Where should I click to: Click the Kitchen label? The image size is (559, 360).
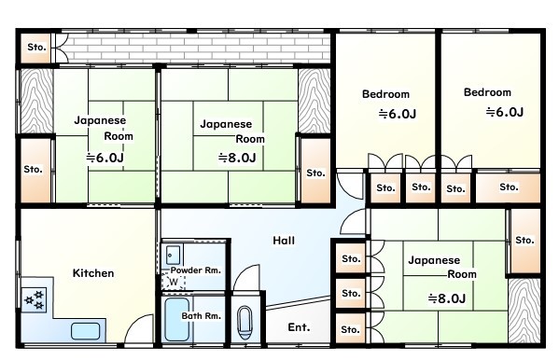tap(93, 273)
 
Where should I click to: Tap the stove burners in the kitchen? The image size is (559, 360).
tap(34, 299)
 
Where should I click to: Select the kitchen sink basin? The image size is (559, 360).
tap(85, 331)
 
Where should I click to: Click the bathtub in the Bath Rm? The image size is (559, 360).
tap(176, 320)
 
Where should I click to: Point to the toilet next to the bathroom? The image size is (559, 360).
tap(245, 323)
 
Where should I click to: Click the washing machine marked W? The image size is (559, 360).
tap(174, 282)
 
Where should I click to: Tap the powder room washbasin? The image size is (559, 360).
tap(173, 255)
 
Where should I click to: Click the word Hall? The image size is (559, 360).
tap(284, 241)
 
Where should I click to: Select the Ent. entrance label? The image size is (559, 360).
tap(299, 327)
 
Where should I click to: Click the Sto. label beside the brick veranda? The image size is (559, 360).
tap(36, 47)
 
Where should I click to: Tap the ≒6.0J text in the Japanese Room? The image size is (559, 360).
tap(105, 158)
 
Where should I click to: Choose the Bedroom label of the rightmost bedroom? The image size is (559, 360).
tap(487, 92)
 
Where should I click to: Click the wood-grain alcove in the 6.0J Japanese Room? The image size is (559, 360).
tap(36, 101)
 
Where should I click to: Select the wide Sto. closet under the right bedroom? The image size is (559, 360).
tap(509, 187)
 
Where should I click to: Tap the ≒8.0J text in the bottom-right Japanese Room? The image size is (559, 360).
tap(447, 298)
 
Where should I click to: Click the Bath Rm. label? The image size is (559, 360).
tap(201, 316)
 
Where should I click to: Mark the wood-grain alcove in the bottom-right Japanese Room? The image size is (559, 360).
tap(524, 311)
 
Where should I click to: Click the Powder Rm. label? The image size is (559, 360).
tap(196, 270)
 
